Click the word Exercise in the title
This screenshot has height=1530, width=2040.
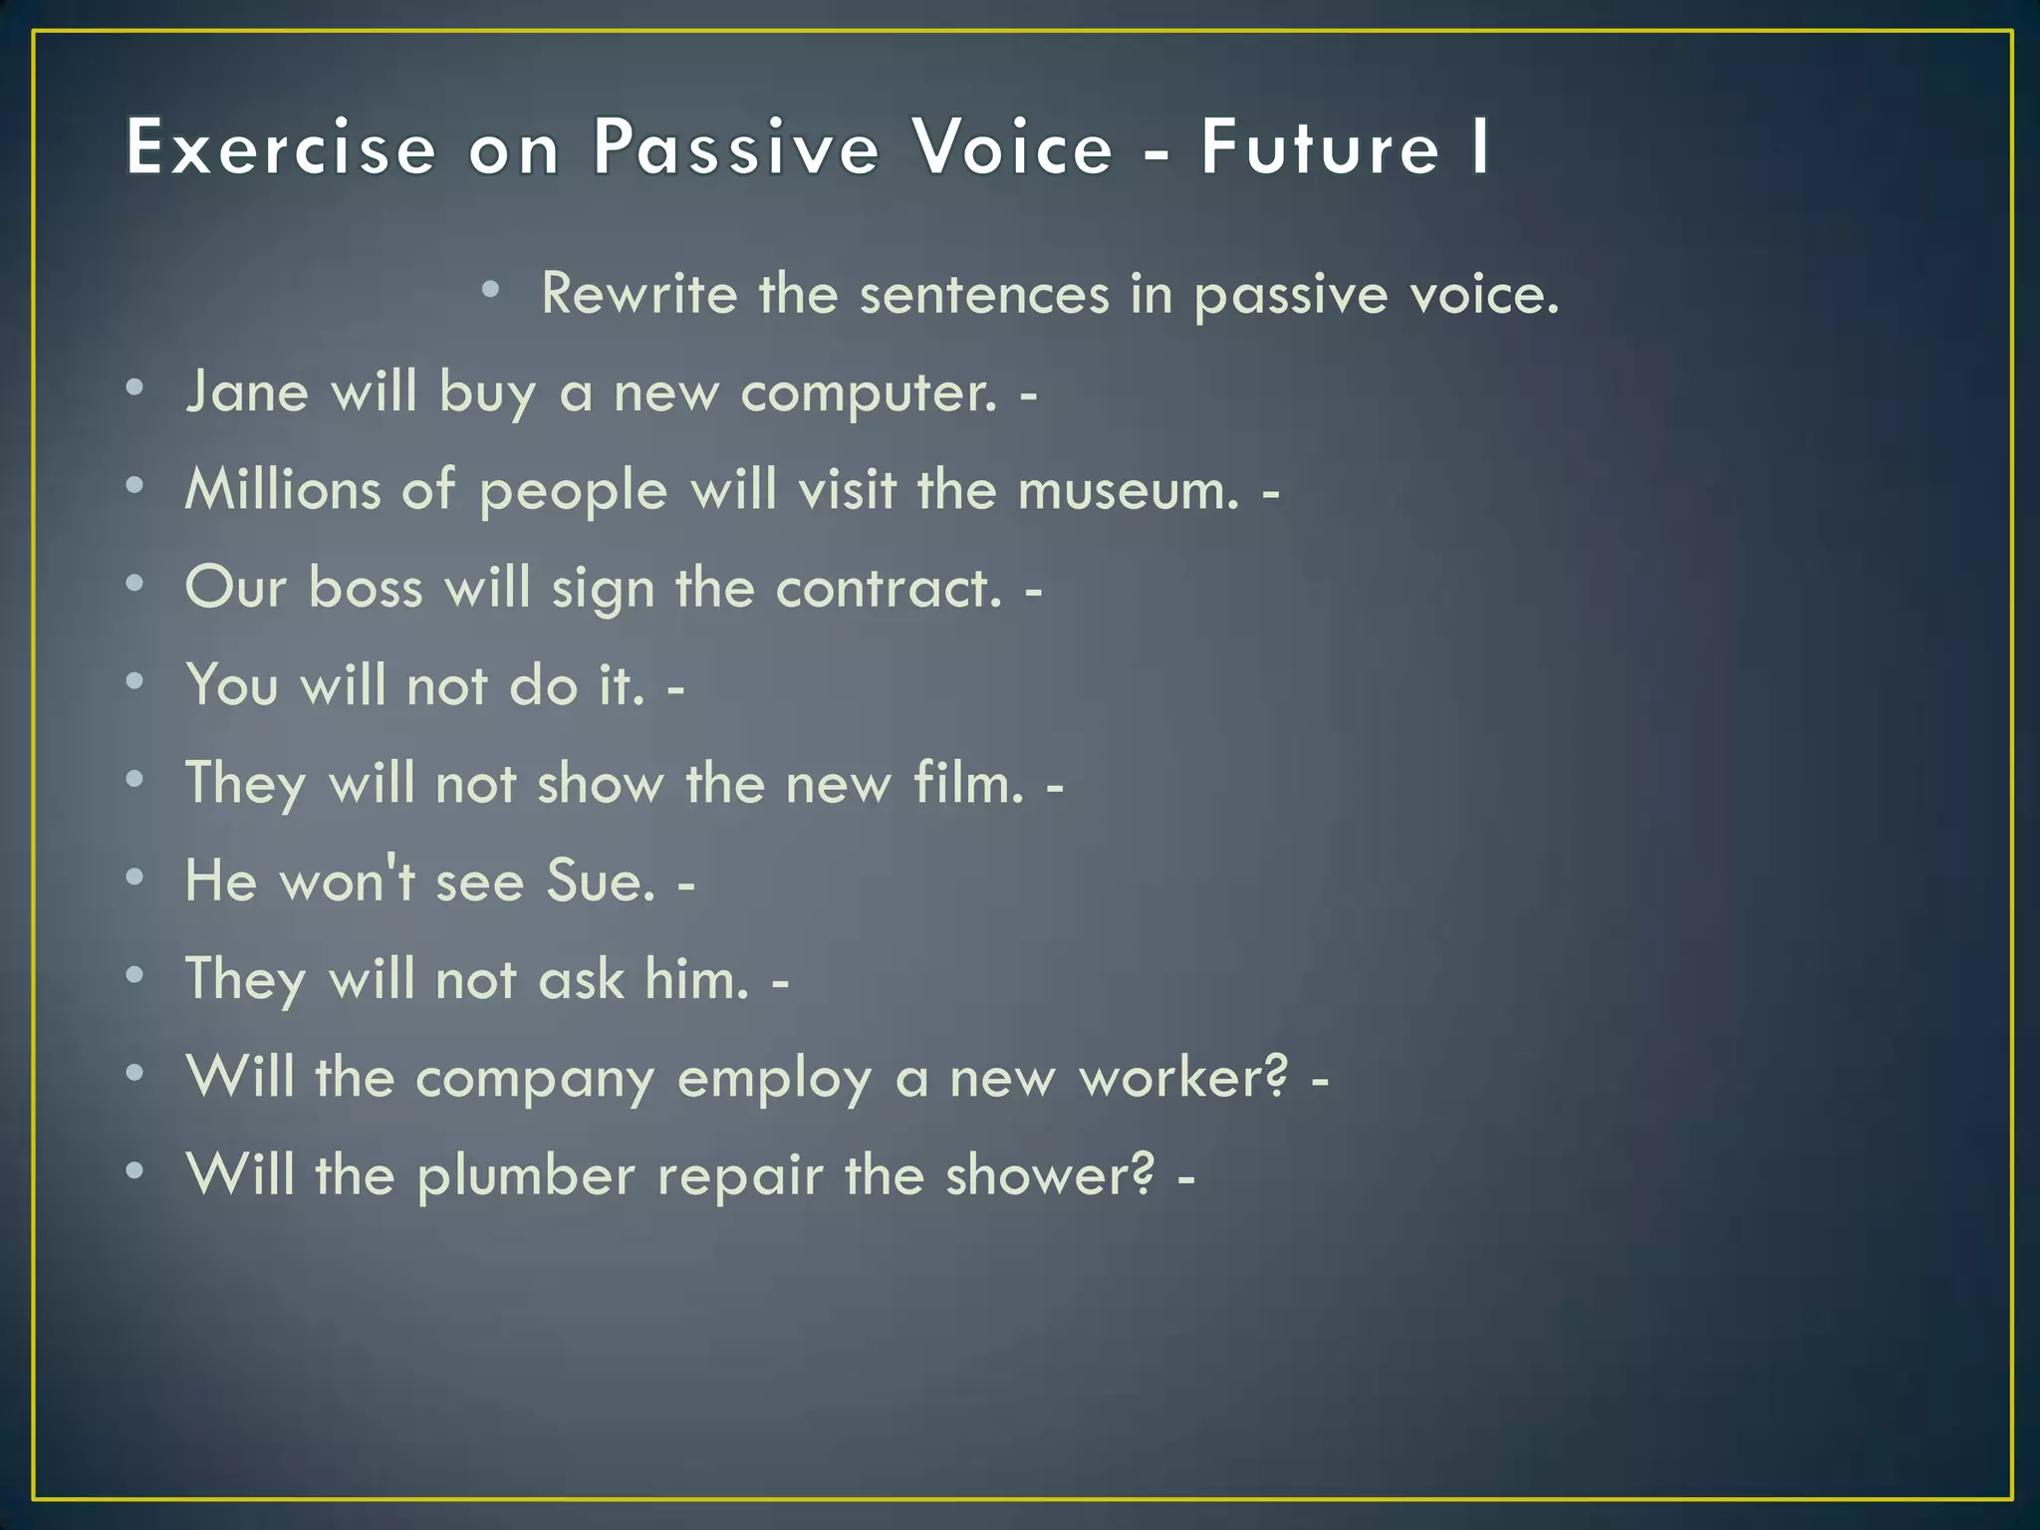(x=282, y=147)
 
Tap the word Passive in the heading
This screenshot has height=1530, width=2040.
(x=737, y=147)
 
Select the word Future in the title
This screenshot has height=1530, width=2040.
(x=1321, y=147)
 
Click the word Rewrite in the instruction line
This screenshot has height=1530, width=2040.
(x=638, y=294)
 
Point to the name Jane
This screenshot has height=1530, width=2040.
(x=247, y=391)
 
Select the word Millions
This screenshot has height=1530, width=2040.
(x=282, y=489)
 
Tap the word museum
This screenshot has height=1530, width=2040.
(x=1130, y=490)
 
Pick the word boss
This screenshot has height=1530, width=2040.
(x=366, y=587)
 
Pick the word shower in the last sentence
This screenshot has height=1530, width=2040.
(x=1051, y=1175)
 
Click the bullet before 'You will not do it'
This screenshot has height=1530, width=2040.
(x=135, y=681)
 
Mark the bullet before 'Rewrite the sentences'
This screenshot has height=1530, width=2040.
(x=489, y=290)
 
